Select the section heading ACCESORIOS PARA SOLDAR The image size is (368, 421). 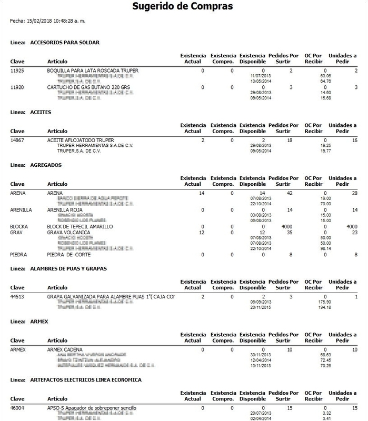tap(65, 42)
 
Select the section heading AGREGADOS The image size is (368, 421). tap(46, 165)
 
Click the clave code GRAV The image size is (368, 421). tap(16, 232)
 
